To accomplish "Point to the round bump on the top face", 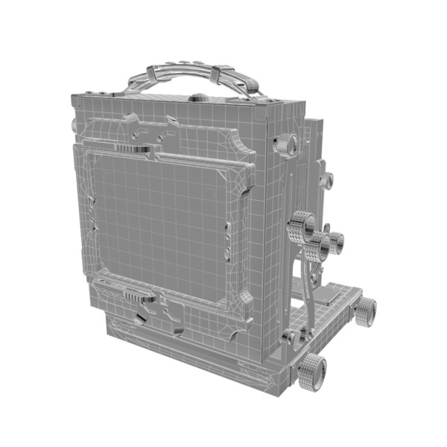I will [x=203, y=96].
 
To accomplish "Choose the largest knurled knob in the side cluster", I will [x=302, y=225].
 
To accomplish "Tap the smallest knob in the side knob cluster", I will [x=337, y=240].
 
